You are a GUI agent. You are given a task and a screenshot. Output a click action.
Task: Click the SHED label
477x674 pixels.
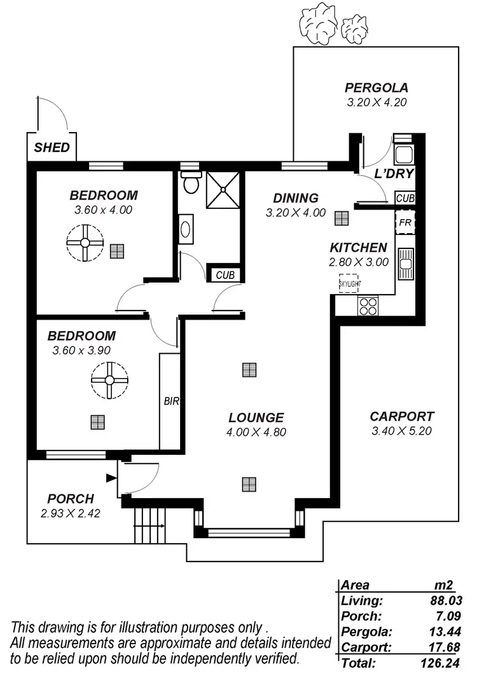click(52, 148)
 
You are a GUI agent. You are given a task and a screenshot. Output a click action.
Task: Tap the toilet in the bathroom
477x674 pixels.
click(190, 183)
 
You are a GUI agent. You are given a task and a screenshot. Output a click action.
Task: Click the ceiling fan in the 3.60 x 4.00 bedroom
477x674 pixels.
click(85, 244)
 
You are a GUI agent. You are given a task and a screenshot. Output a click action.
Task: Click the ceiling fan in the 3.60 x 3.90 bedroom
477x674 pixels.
click(109, 380)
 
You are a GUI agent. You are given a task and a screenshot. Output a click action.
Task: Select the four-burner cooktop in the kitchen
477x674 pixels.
click(368, 306)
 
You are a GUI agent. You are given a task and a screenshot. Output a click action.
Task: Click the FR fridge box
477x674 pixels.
click(404, 223)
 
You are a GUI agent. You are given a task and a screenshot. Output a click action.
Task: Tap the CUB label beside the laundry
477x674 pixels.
click(404, 198)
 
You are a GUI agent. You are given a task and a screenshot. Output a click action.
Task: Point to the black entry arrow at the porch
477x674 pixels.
click(111, 478)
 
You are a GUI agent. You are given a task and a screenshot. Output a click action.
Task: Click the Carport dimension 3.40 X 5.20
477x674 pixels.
click(402, 431)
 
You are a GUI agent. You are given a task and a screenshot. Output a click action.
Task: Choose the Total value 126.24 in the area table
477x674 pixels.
click(444, 663)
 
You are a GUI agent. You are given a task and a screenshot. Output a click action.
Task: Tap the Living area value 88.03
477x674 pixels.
click(445, 600)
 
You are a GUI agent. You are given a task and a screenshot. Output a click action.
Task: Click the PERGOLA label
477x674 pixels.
click(377, 88)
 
